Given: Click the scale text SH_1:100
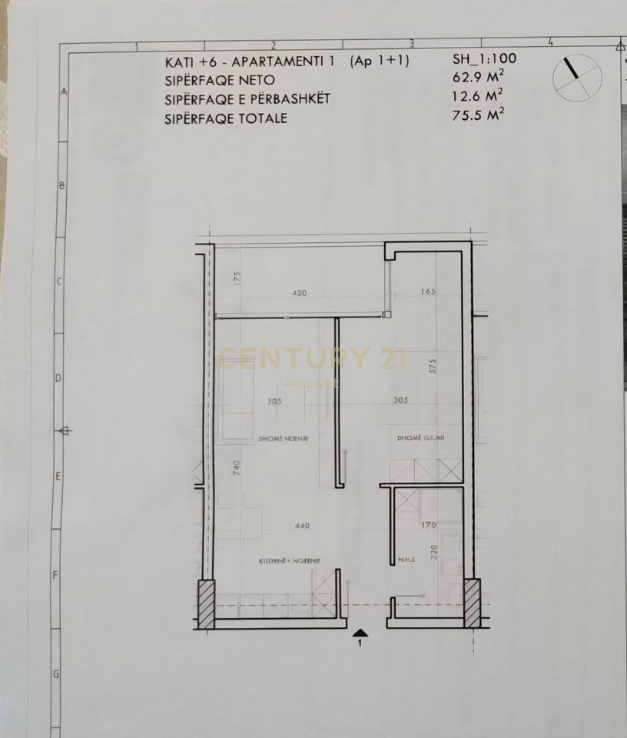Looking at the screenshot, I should coord(486,59).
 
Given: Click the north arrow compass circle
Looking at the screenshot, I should coord(576,76).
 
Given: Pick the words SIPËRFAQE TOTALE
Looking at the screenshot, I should coord(226,118).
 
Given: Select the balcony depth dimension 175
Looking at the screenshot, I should coord(237,278).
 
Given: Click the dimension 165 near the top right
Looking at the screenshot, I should coord(429,292).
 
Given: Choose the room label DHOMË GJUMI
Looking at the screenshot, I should coord(420,438).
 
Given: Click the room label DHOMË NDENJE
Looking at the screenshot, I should coord(284,438).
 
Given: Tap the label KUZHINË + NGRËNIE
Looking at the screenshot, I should coord(289,561).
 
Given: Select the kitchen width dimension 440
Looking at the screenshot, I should coord(301,527).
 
